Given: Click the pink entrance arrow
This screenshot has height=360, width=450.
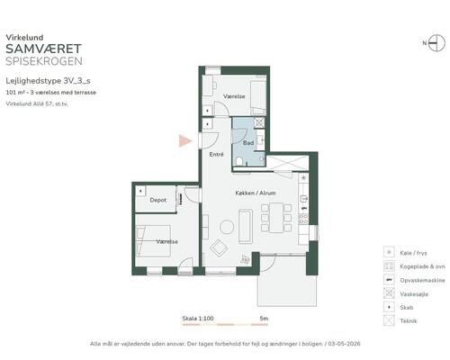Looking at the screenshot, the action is point(185,140).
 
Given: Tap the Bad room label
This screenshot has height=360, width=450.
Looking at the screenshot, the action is point(248,143).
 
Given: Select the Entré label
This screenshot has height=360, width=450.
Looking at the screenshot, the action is point(216,155).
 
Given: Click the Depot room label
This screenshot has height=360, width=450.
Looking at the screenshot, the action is point(158,200).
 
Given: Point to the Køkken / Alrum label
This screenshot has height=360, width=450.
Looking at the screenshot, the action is point(256,193).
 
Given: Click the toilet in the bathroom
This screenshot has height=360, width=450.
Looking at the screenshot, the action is point(239,162).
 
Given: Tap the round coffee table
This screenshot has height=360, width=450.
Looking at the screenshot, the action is point(227,227).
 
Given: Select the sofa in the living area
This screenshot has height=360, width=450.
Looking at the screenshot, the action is point(246,226).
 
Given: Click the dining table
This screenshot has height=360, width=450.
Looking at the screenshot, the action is point(276,218).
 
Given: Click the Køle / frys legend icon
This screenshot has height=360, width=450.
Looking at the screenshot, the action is point(389,252).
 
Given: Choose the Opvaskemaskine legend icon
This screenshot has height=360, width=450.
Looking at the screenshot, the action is point(389,280).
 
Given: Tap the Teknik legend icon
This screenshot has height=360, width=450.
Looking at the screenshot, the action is point(389,320).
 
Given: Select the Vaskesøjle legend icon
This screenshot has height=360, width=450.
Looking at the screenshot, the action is point(389,293).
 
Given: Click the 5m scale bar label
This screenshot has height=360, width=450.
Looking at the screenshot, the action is point(264,319).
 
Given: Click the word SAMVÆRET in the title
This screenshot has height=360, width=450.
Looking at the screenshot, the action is point(44,49).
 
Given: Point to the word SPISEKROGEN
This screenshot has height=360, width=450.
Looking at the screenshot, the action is point(44,61).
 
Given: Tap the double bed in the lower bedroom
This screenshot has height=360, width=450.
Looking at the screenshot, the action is point(154,241).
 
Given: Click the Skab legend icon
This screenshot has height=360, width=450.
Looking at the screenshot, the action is point(389,307).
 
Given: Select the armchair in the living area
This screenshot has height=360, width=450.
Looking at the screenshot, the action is point(219,248).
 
